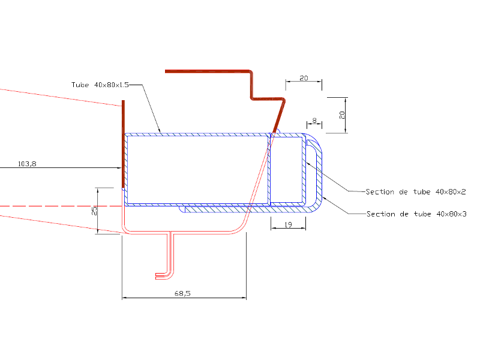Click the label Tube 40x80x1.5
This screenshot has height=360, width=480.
click(100, 85)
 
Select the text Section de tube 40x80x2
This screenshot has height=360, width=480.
click(416, 192)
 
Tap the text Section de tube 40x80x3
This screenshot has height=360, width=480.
click(416, 214)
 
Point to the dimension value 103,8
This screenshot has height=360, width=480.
click(27, 164)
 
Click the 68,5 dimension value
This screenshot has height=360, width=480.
click(182, 293)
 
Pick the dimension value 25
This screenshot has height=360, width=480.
click(94, 211)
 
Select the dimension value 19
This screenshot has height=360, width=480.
click(289, 224)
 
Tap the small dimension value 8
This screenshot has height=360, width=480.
click(314, 121)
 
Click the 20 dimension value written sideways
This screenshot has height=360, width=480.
click(342, 115)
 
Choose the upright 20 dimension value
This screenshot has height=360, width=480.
click(304, 78)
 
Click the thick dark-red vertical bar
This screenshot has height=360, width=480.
click(123, 144)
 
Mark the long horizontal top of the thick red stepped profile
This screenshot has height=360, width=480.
click(208, 71)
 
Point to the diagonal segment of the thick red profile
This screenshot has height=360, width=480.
click(278, 116)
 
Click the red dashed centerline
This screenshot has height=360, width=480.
click(61, 206)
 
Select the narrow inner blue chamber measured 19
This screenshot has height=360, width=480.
click(287, 170)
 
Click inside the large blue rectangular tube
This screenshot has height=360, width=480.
click(197, 170)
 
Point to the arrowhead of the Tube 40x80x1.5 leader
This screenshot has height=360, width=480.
click(159, 131)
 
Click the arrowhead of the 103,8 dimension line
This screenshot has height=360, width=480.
click(119, 168)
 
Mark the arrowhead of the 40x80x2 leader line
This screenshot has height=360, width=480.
click(308, 164)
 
